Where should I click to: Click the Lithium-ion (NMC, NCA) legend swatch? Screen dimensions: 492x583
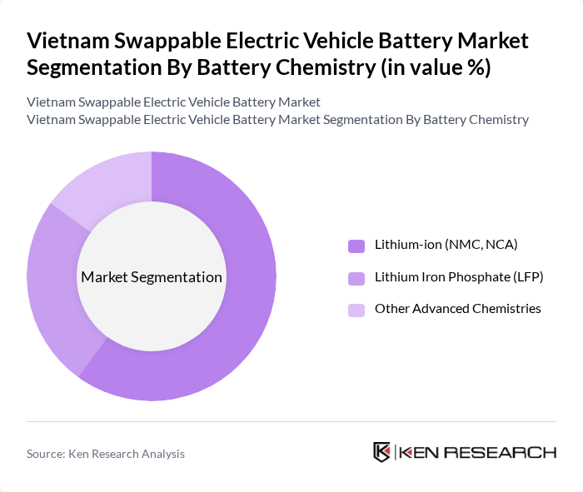[x=356, y=246]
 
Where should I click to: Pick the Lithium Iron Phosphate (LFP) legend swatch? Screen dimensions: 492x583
[x=356, y=277]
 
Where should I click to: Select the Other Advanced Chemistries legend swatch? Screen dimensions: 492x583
[x=356, y=310]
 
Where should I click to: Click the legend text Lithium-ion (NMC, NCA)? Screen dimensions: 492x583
[x=446, y=245]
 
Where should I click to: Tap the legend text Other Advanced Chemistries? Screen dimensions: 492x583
[x=457, y=309]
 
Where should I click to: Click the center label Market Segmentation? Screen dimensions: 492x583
[x=152, y=277]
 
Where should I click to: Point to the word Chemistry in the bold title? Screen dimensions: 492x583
[x=316, y=67]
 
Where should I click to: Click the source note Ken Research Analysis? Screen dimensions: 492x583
[x=127, y=454]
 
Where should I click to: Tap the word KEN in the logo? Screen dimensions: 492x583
[x=421, y=453]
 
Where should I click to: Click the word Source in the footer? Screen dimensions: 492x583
[x=46, y=454]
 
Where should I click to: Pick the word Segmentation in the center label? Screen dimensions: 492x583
[x=181, y=277]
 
